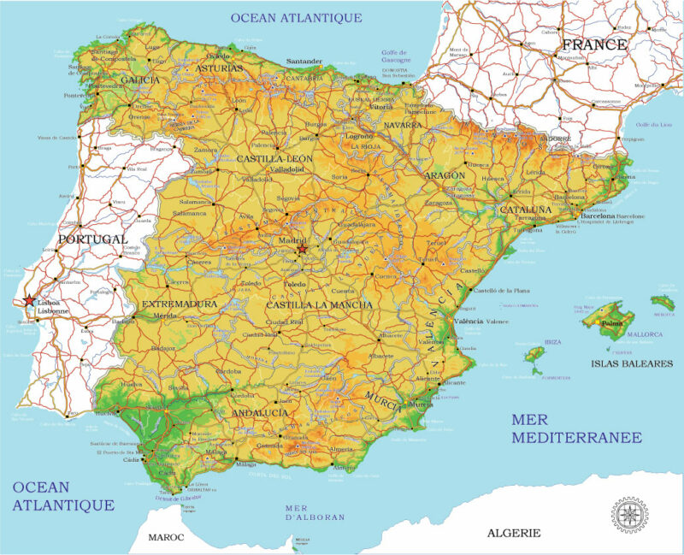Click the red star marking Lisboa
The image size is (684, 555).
point(30,301)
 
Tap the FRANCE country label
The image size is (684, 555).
point(595,44)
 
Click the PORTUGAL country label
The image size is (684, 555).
point(91,239)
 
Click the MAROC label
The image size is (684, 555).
point(166,537)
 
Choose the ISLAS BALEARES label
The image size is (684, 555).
point(632,363)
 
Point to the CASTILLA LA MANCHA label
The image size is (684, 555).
point(320,304)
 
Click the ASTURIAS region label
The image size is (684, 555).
point(220,67)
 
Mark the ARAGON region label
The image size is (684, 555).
point(445,174)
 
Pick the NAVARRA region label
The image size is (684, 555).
point(403,125)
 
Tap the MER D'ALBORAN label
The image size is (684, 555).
point(315,511)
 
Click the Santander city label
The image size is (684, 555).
point(304,62)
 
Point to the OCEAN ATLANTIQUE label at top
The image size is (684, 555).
point(297,17)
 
